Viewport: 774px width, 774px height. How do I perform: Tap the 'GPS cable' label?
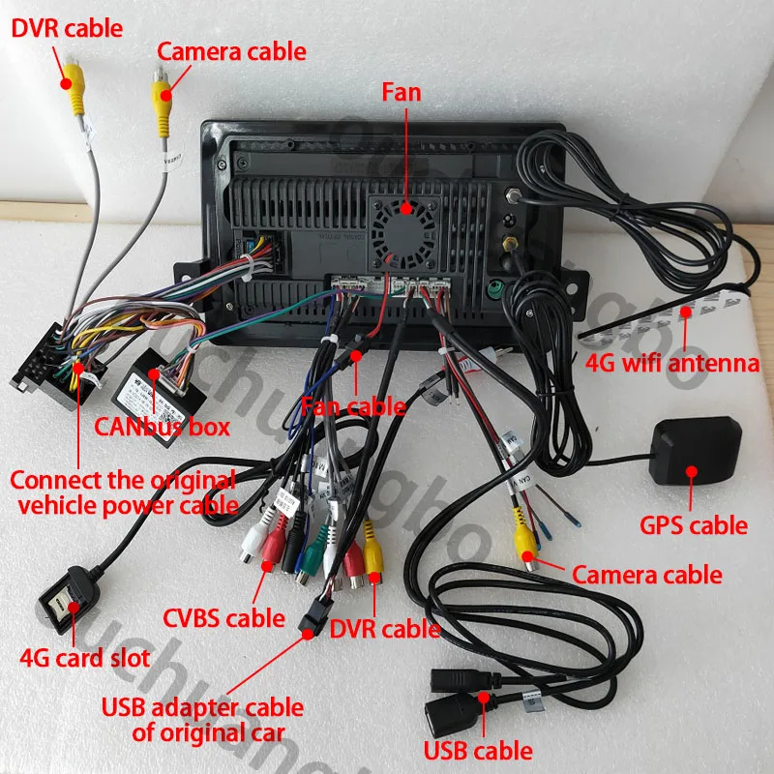pyautogui.click(x=694, y=525)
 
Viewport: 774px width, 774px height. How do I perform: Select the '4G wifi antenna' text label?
pyautogui.click(x=673, y=365)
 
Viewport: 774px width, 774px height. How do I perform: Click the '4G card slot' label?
pyautogui.click(x=85, y=659)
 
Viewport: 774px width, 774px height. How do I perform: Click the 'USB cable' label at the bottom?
pyautogui.click(x=477, y=750)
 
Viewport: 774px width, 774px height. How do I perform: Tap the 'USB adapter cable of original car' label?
pyautogui.click(x=202, y=721)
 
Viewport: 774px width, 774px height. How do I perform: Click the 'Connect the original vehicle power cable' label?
pyautogui.click(x=122, y=491)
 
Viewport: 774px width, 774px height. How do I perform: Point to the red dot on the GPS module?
pyautogui.click(x=692, y=472)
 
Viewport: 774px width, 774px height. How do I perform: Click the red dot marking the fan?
pyautogui.click(x=407, y=207)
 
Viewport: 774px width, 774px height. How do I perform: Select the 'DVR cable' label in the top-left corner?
pyautogui.click(x=67, y=28)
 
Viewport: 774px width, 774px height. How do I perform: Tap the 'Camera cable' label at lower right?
pyautogui.click(x=646, y=575)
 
